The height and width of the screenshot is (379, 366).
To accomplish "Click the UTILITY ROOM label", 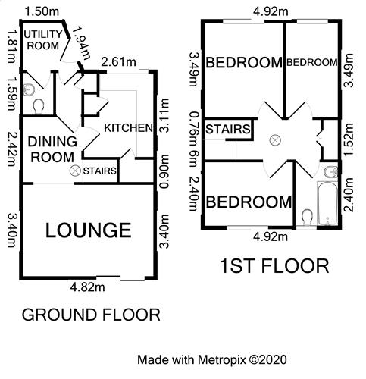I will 42,40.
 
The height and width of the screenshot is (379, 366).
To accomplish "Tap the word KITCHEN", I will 128,127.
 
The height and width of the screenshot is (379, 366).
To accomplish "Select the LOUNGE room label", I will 88,230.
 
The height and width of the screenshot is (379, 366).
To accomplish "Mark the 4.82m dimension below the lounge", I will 88,288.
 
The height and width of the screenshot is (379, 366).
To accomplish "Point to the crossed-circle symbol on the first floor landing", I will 276,139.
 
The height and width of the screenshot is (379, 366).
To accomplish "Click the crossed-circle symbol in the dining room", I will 74,171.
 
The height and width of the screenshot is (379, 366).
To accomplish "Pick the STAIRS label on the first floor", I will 227,130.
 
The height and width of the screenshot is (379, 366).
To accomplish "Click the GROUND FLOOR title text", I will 90,314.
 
